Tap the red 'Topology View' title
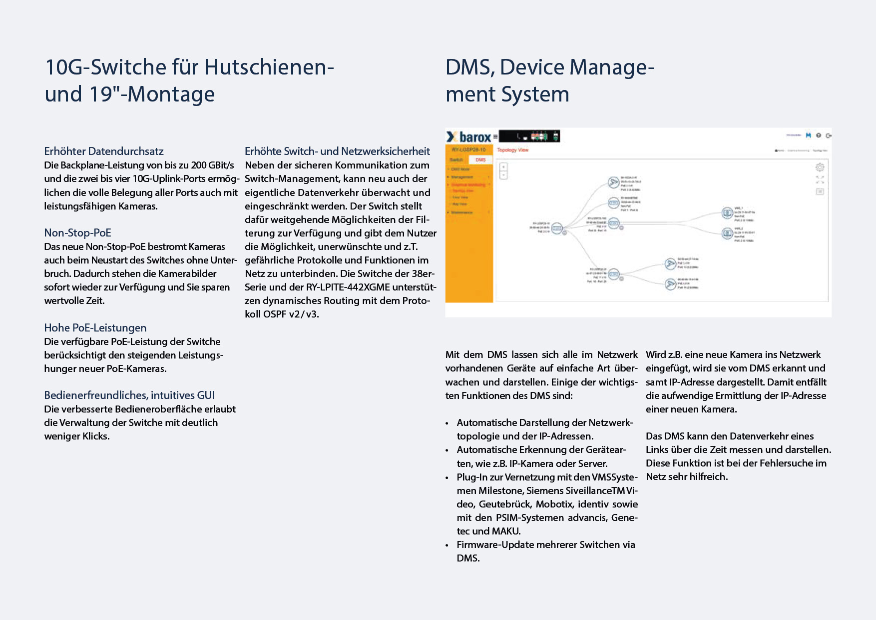point(512,150)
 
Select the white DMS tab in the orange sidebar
point(480,160)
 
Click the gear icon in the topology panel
point(820,167)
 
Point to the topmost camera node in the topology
point(613,182)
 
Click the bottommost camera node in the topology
point(670,284)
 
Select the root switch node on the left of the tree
point(557,228)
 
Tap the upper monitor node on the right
point(727,213)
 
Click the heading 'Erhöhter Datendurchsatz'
point(104,151)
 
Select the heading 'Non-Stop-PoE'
point(77,233)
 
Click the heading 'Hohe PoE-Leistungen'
point(95,328)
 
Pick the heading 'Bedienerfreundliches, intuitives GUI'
point(129,395)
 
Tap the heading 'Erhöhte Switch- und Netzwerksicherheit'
point(337,151)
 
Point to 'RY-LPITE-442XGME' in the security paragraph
point(348,287)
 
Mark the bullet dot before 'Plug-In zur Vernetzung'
point(447,478)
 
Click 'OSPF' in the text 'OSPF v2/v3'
point(274,314)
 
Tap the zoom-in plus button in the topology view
point(503,167)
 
